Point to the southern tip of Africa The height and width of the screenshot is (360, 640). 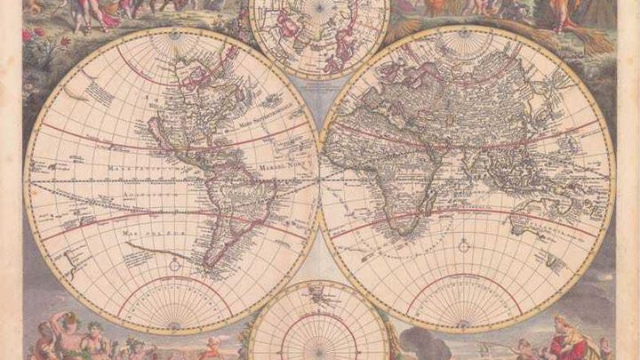(x=405, y=233)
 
